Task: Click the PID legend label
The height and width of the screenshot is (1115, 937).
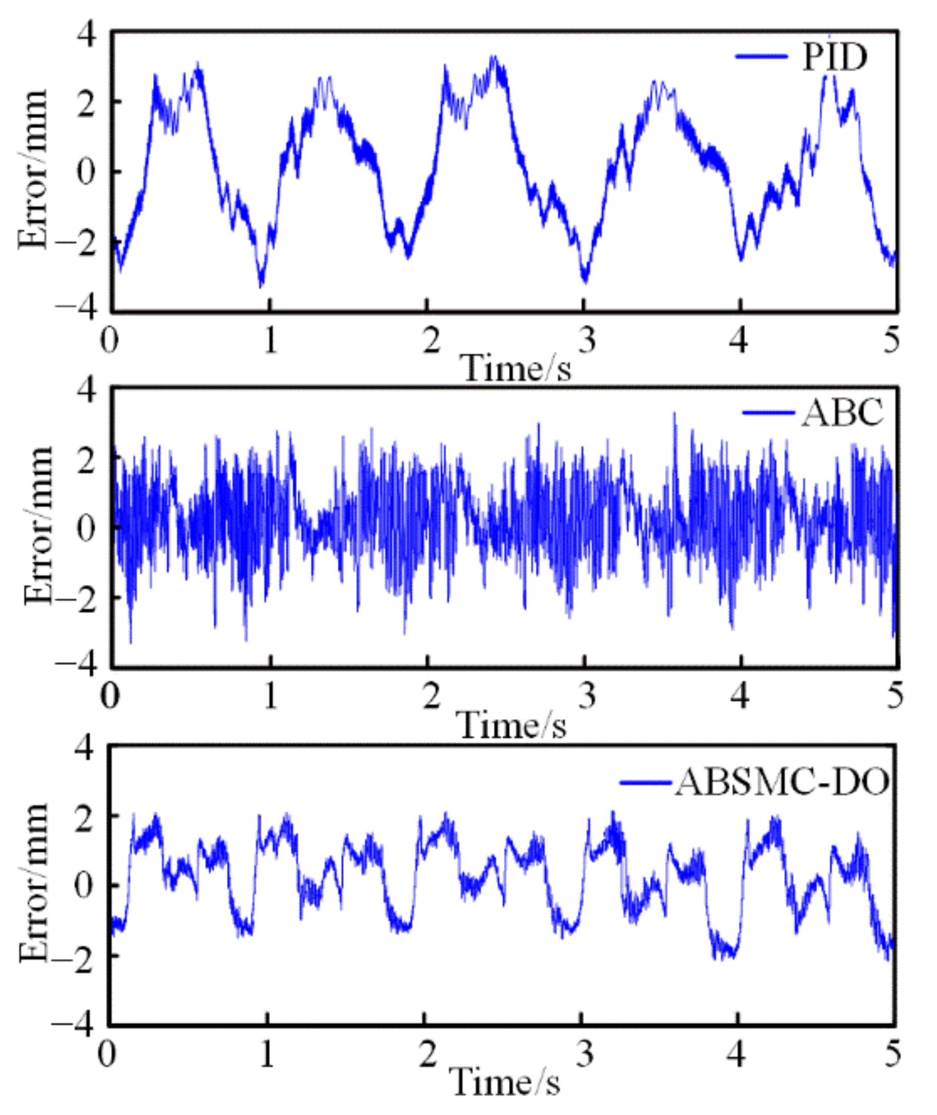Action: (x=835, y=58)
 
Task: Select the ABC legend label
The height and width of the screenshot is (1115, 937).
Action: (x=842, y=412)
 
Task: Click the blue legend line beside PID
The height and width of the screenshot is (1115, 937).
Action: (x=761, y=57)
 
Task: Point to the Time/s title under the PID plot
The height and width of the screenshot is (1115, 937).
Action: (x=517, y=368)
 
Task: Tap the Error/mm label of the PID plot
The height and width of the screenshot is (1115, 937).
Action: (x=33, y=170)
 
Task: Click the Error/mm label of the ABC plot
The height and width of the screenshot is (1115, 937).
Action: (x=38, y=526)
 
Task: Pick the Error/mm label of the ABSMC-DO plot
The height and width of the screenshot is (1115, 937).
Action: (x=33, y=882)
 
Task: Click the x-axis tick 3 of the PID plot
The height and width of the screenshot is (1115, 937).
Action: (x=586, y=340)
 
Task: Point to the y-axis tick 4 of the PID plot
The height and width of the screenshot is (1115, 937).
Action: (x=87, y=34)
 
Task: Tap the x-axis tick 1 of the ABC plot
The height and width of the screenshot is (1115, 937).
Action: (x=271, y=696)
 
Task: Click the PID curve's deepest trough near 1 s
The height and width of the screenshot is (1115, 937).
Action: (x=261, y=287)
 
